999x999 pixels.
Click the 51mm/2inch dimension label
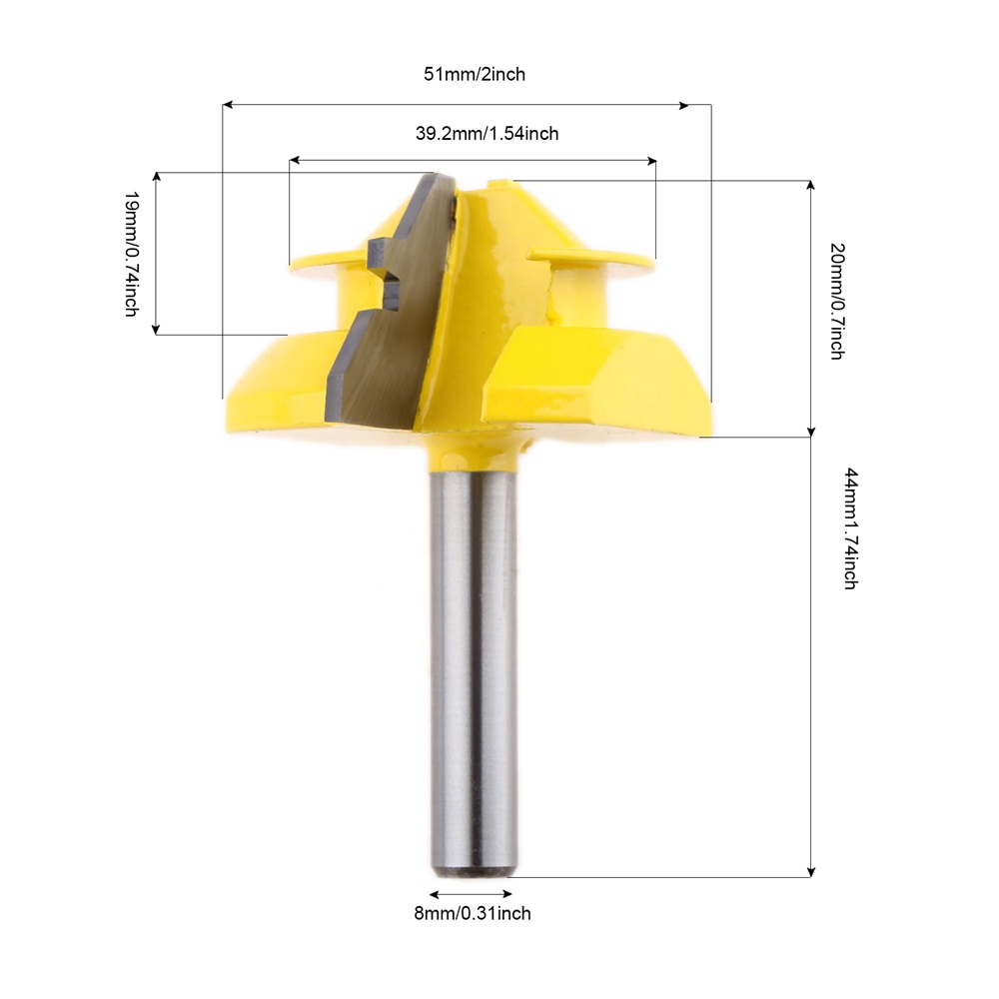coord(475,75)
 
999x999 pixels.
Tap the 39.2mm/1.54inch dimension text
coord(487,134)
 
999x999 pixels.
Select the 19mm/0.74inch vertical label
coord(131,254)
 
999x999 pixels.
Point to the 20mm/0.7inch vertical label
coord(837,302)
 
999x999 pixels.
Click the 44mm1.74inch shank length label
coord(851,528)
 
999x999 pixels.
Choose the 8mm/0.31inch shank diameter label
coord(473,914)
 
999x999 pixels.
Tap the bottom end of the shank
coord(473,873)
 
